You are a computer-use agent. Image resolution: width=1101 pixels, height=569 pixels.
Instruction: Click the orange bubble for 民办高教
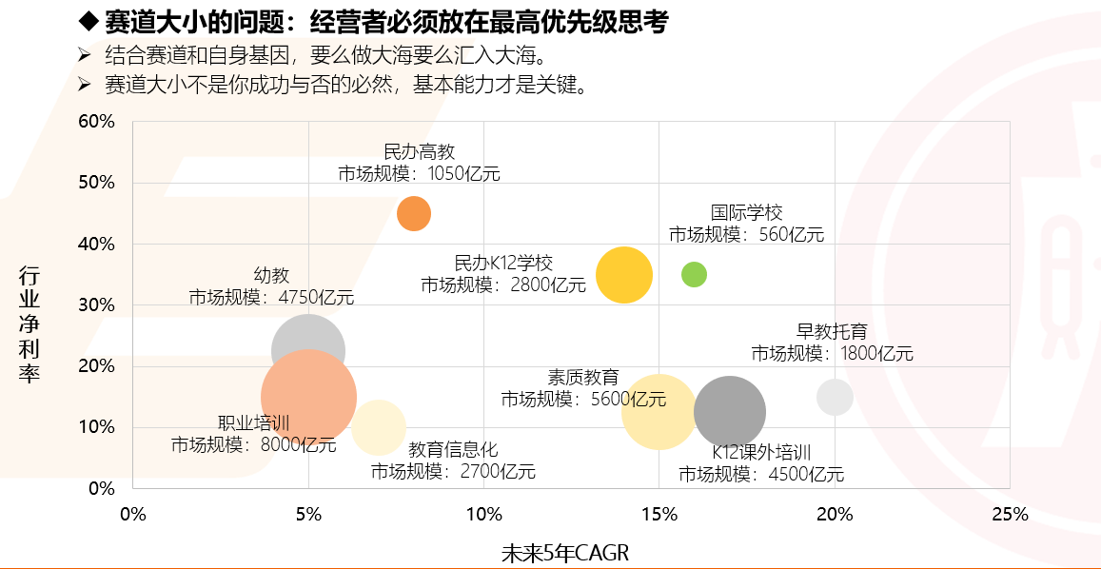point(414,213)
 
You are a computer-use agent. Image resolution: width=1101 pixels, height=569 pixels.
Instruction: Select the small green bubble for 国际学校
point(695,275)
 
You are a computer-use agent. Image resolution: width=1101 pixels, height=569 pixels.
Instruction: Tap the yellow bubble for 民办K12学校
point(624,275)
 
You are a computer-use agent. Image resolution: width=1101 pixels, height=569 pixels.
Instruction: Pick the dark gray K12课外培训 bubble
point(730,412)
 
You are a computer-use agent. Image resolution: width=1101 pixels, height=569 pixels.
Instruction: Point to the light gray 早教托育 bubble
point(835,397)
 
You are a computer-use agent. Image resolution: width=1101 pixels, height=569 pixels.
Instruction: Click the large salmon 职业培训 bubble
point(308,397)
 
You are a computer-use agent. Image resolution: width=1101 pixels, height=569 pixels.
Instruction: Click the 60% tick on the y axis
point(96,122)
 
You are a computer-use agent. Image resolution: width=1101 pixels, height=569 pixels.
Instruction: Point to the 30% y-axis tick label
point(96,305)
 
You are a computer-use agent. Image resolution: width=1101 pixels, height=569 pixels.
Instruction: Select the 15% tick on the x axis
point(659,515)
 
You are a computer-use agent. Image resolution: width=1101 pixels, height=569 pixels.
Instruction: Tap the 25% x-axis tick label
point(1010,515)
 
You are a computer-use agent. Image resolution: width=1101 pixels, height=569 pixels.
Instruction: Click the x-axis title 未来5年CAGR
point(565,553)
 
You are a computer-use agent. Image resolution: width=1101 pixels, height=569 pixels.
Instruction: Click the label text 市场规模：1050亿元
point(419,173)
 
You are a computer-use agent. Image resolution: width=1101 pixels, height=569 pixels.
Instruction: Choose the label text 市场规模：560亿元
point(746,234)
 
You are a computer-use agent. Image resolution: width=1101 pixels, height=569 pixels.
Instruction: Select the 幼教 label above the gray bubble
point(271,275)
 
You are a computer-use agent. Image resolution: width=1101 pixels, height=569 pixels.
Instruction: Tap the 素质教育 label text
point(583,377)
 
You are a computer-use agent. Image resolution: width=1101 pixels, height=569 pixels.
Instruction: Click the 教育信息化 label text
point(453,449)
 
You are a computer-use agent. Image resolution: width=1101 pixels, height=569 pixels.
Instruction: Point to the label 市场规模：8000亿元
point(254,443)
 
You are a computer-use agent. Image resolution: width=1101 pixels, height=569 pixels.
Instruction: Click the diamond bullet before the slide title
point(88,21)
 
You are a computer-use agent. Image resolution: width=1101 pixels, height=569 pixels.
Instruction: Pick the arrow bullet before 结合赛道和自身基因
point(86,54)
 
